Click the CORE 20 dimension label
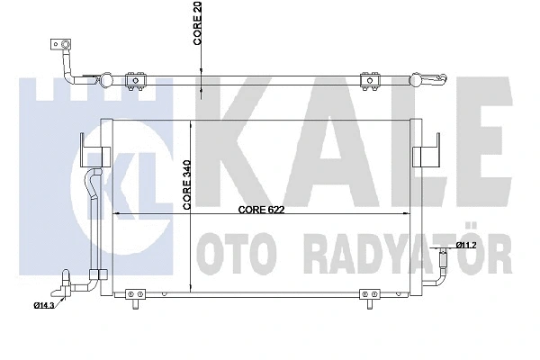[x=196, y=26]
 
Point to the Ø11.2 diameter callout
[x=465, y=245]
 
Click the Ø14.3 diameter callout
[x=46, y=306]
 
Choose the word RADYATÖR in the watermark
[x=396, y=247]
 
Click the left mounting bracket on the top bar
[x=137, y=80]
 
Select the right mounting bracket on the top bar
[x=368, y=80]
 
